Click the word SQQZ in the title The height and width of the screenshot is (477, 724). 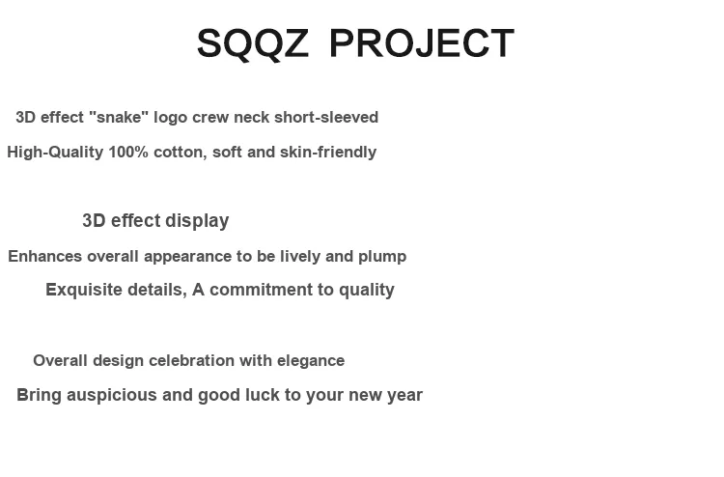pyautogui.click(x=253, y=43)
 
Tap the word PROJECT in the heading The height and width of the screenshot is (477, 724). pyautogui.click(x=422, y=43)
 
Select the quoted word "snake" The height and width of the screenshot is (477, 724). pyautogui.click(x=119, y=117)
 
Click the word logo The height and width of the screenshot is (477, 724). pyautogui.click(x=170, y=118)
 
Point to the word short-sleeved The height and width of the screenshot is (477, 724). pyautogui.click(x=326, y=117)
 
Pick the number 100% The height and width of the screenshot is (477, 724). pyautogui.click(x=128, y=152)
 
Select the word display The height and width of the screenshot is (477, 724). pyautogui.click(x=197, y=221)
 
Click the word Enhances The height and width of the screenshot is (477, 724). pyautogui.click(x=45, y=256)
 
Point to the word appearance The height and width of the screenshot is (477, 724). pyautogui.click(x=187, y=257)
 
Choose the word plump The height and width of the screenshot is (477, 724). pyautogui.click(x=382, y=257)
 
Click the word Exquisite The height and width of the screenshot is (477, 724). pyautogui.click(x=84, y=290)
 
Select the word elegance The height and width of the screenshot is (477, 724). pyautogui.click(x=311, y=361)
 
